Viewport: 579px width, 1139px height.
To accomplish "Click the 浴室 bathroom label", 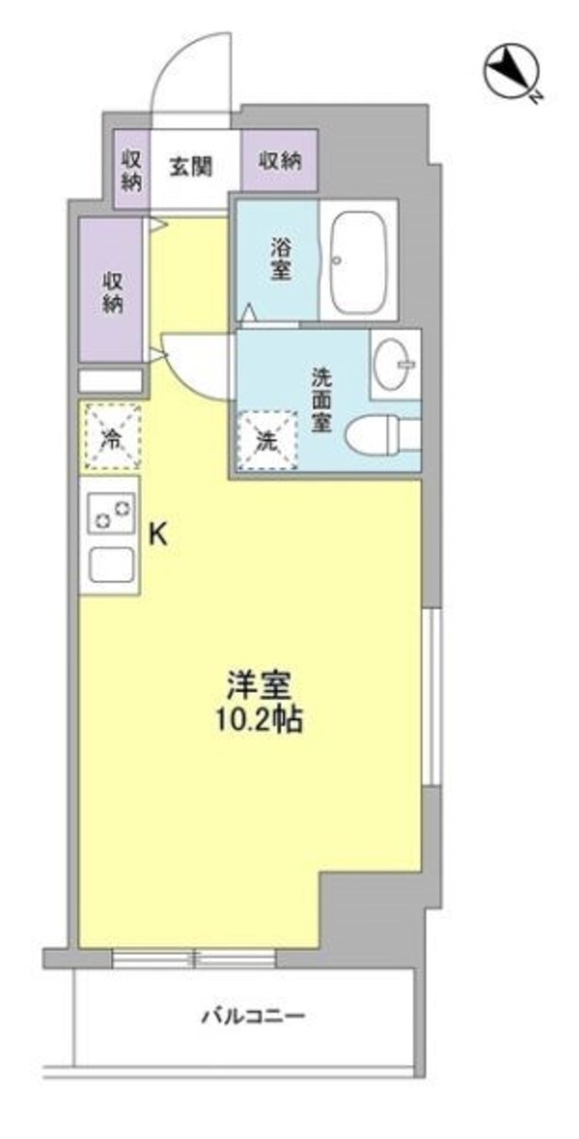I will click(280, 259).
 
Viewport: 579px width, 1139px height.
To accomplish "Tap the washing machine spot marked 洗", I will click(266, 440).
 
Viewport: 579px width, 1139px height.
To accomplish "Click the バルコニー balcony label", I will click(253, 1015).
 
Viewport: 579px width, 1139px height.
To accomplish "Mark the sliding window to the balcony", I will click(193, 958).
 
